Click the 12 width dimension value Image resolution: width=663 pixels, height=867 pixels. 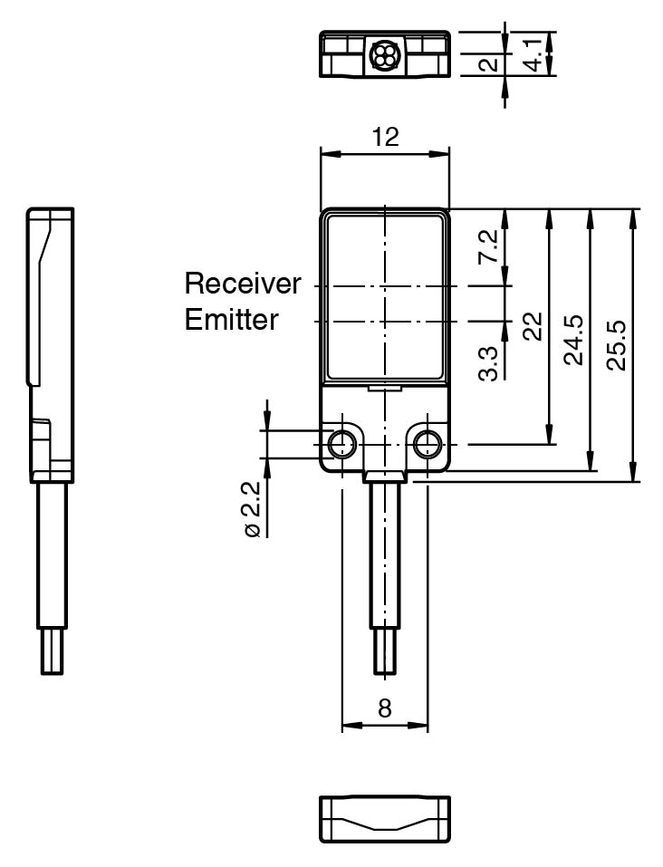[385, 137]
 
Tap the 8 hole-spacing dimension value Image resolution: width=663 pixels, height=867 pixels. [385, 708]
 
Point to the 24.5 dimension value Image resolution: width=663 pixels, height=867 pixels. [574, 341]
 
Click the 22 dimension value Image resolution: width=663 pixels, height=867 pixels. [533, 325]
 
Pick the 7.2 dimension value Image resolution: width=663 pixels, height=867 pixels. [489, 246]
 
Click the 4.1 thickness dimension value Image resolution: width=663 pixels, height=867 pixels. [536, 53]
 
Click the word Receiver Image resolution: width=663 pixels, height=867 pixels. [242, 284]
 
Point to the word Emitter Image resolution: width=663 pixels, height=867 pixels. [232, 320]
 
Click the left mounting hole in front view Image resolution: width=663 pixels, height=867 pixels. [342, 444]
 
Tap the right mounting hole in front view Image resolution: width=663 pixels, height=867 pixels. [427, 444]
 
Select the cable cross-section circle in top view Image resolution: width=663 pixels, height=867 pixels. [379, 57]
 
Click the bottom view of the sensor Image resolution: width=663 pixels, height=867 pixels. [385, 819]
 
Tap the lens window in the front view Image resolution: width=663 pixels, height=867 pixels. [385, 294]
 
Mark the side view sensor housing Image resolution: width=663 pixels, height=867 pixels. [51, 344]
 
